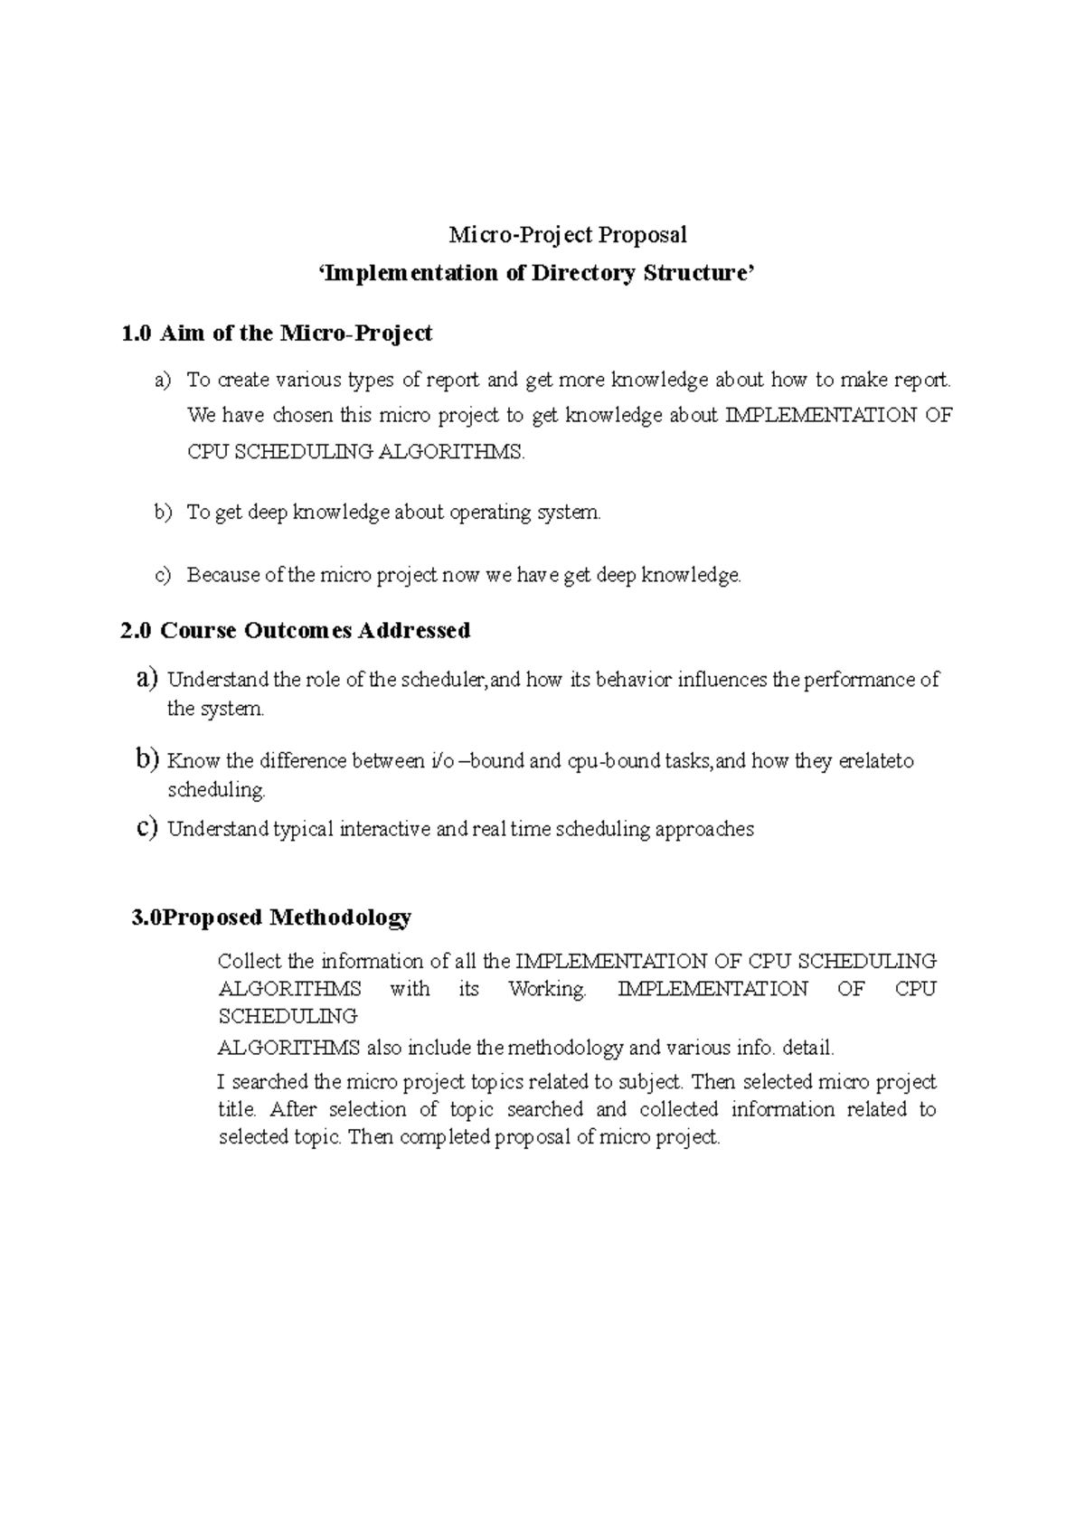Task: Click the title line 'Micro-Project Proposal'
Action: coord(568,235)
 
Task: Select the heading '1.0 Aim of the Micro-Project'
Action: coord(276,334)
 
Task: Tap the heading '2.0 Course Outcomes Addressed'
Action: coord(295,630)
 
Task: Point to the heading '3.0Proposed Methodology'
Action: coord(271,918)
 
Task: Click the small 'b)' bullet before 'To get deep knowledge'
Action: coord(163,513)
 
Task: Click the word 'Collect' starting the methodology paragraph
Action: coord(250,961)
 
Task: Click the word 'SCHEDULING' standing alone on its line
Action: coord(288,1016)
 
